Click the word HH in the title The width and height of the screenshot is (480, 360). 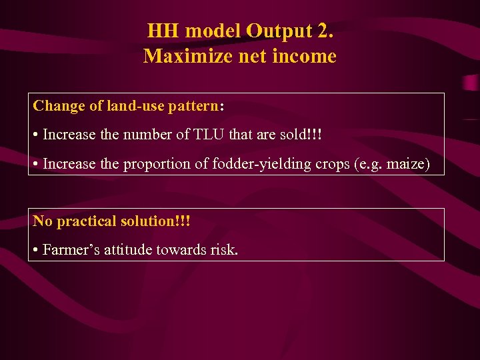point(163,31)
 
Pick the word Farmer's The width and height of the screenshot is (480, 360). point(69,250)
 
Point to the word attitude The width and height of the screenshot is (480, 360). point(127,250)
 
